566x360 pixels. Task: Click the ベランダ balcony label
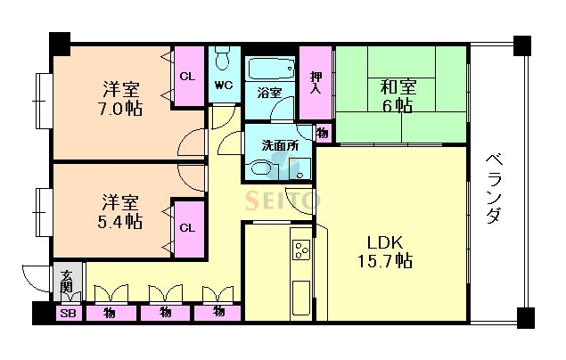point(496,189)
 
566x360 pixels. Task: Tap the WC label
point(224,86)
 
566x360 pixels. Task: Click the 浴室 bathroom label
point(269,92)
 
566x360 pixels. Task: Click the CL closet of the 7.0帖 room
point(187,77)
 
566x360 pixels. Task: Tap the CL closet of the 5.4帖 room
point(187,227)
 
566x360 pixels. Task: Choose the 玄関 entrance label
point(67,284)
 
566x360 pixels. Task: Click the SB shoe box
point(67,313)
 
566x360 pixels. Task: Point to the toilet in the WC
point(224,62)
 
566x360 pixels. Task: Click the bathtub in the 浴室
point(271,68)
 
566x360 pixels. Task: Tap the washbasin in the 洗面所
point(260,167)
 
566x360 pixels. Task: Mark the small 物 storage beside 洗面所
point(322,133)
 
